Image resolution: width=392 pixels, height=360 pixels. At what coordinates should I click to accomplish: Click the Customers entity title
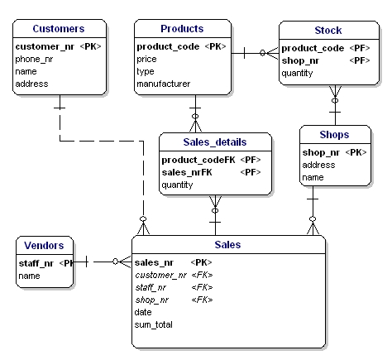tap(59, 29)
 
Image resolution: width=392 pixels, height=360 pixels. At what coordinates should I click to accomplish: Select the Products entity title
tap(182, 29)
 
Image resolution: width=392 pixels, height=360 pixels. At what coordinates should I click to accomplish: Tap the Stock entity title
tap(328, 31)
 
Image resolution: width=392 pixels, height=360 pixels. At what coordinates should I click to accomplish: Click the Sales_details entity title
tap(215, 142)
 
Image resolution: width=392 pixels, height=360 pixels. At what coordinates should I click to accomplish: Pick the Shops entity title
tap(334, 135)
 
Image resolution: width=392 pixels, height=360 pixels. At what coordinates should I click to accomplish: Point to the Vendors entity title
tap(44, 246)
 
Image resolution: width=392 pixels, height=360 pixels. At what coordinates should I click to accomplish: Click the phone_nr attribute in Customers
tap(34, 60)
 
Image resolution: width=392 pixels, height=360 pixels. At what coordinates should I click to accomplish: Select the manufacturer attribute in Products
tap(164, 84)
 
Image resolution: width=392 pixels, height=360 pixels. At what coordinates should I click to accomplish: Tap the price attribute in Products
tap(146, 60)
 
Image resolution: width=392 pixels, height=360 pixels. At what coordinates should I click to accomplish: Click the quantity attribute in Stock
tap(297, 74)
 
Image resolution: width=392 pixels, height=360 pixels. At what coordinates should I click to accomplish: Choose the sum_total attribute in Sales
tap(154, 324)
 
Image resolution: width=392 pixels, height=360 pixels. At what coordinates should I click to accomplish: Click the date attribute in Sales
tap(143, 312)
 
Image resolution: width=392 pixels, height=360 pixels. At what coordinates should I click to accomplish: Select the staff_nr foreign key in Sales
tap(151, 288)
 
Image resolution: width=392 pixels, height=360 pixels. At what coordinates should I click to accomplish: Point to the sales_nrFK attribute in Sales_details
tap(187, 172)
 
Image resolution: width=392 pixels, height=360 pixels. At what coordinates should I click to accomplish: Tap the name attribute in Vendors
tap(29, 276)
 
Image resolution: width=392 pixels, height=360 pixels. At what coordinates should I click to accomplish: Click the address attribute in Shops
tap(318, 165)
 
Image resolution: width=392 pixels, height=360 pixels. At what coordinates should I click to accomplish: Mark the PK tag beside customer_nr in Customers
tap(90, 46)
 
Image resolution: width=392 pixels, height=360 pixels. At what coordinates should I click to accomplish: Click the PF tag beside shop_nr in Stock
tap(360, 60)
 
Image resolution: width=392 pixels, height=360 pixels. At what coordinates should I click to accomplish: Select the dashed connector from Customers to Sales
tap(102, 142)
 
